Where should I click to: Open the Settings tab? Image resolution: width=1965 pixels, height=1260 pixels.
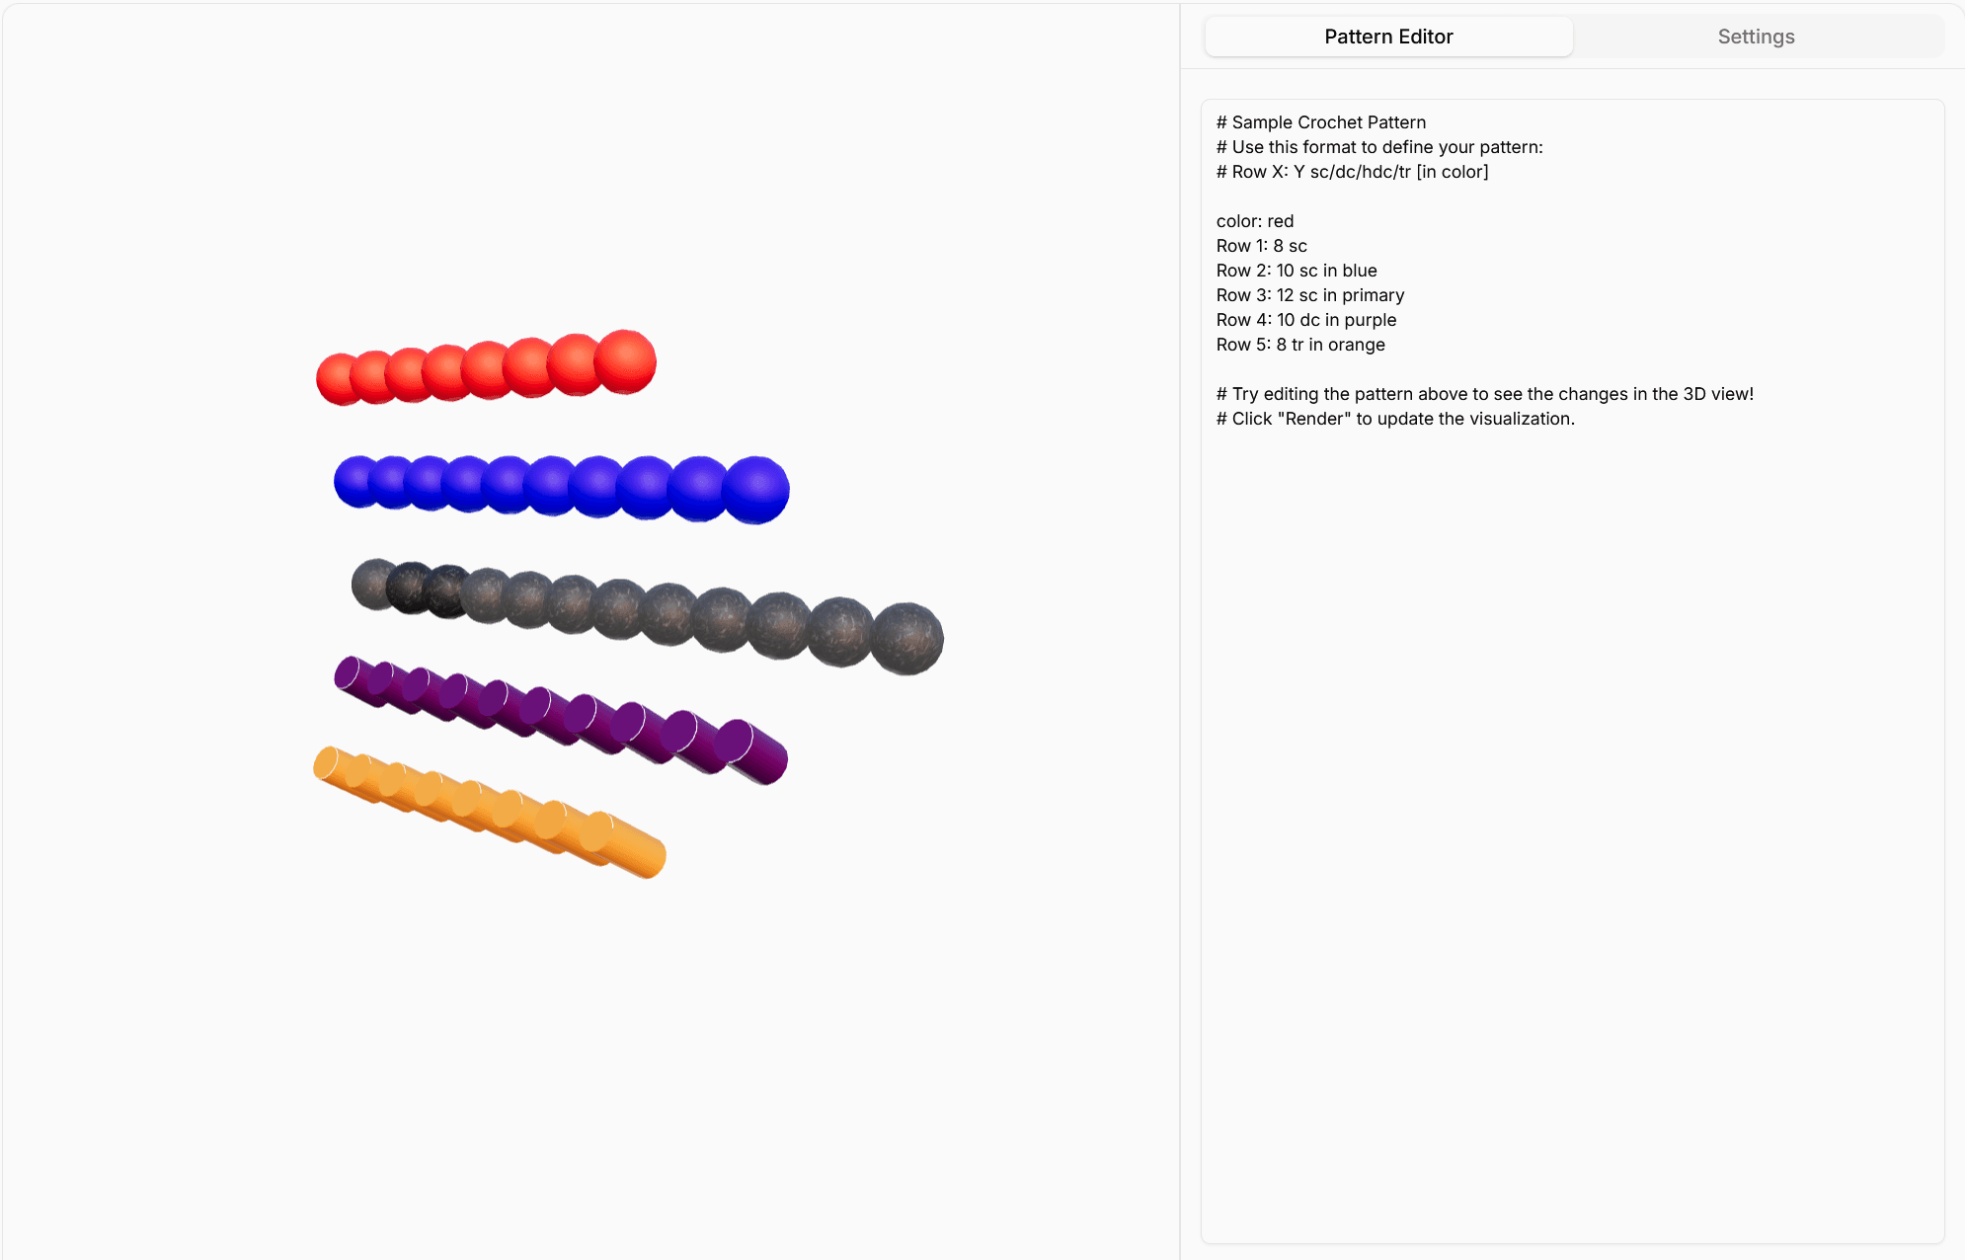(x=1756, y=37)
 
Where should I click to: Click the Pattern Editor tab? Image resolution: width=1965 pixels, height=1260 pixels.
(x=1388, y=37)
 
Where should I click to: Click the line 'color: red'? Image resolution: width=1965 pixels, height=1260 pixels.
(x=1254, y=221)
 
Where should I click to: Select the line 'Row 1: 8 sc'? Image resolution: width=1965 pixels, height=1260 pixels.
(x=1261, y=246)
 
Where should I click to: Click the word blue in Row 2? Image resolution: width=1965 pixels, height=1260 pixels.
(x=1359, y=271)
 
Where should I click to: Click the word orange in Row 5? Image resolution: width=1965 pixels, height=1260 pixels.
(x=1356, y=345)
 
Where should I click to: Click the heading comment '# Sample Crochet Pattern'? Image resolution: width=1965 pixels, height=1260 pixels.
(x=1320, y=122)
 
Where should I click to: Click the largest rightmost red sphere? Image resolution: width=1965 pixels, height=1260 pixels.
(x=626, y=361)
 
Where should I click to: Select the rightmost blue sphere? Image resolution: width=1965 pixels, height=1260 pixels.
(x=756, y=490)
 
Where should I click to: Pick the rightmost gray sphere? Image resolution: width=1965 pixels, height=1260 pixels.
(x=906, y=639)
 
